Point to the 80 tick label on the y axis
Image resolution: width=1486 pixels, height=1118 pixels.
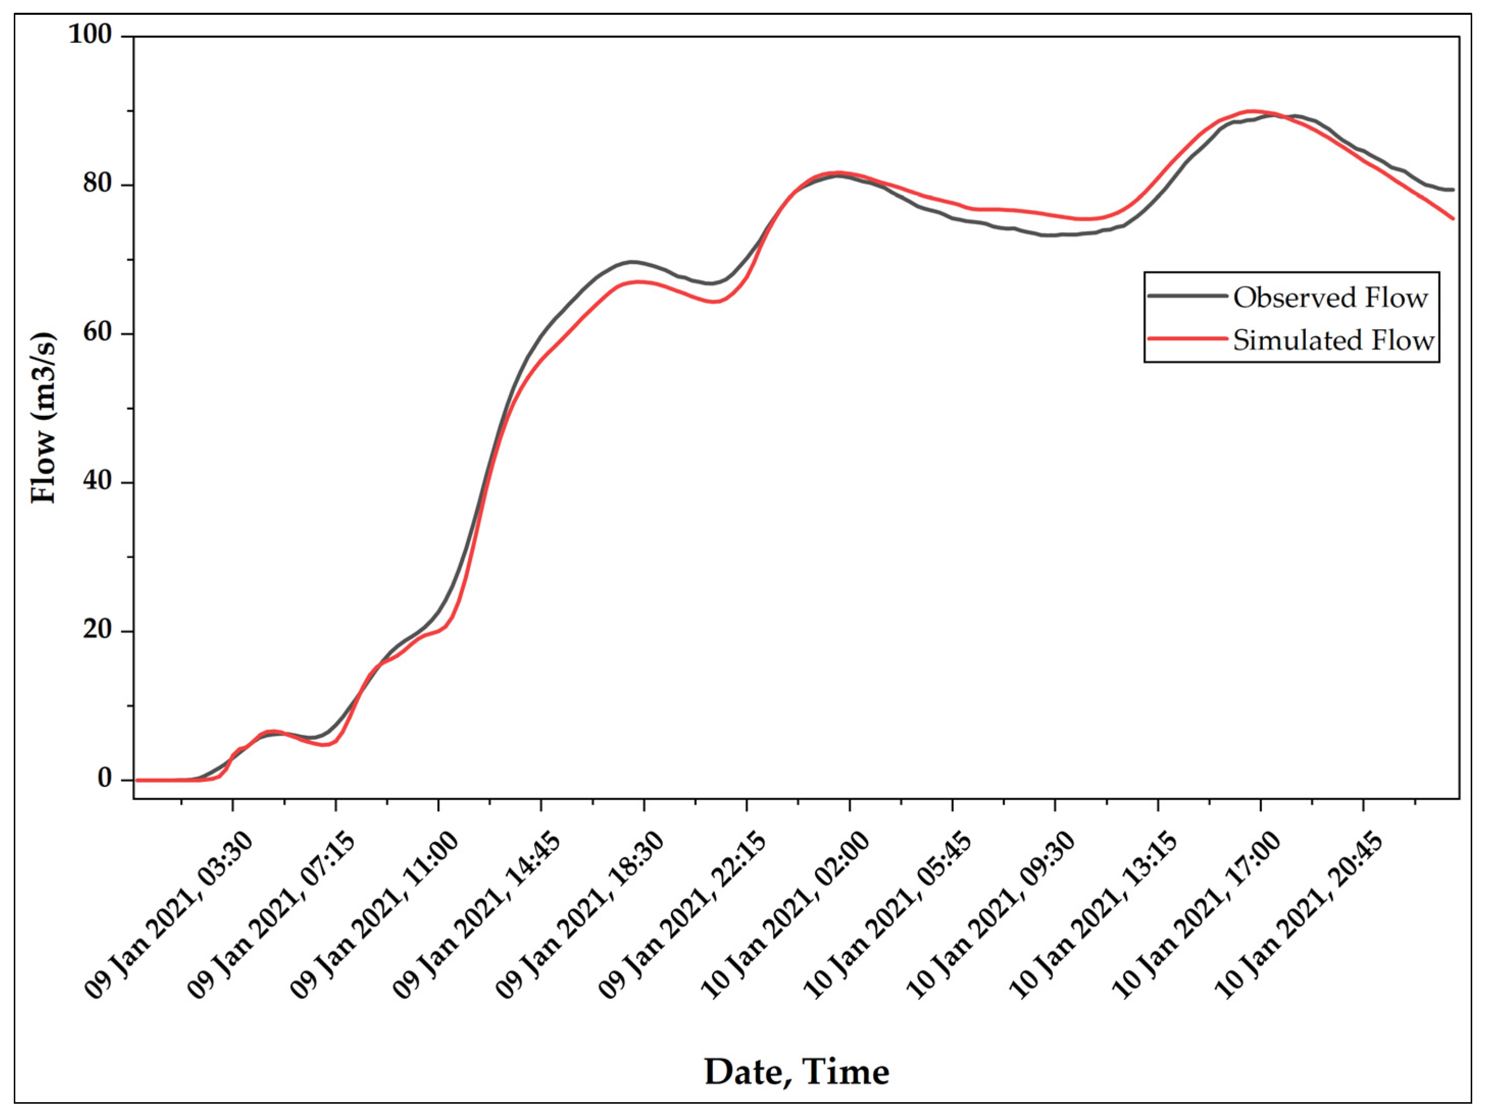pos(98,184)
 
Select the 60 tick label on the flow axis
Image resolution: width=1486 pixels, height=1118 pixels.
pos(98,333)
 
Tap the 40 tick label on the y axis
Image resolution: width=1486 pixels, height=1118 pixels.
pos(98,482)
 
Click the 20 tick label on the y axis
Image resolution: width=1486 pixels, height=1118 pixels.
pos(98,631)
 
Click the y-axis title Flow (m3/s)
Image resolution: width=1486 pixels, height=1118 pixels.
pos(44,417)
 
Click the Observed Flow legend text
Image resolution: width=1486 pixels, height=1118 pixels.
pos(1331,297)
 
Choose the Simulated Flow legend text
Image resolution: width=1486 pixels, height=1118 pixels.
pos(1333,340)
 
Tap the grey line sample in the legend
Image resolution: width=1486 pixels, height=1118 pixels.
pos(1186,295)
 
